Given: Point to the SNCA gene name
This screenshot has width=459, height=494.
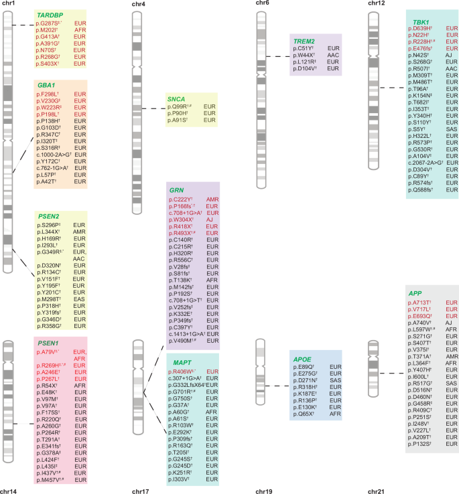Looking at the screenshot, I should (x=176, y=98).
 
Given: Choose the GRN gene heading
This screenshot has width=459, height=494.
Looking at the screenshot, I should (x=178, y=190).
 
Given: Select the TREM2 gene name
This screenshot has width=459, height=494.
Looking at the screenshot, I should (x=305, y=41).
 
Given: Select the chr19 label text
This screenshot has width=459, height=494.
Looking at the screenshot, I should (x=265, y=490).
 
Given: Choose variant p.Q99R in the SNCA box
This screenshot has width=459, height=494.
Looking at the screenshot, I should (x=180, y=107).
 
